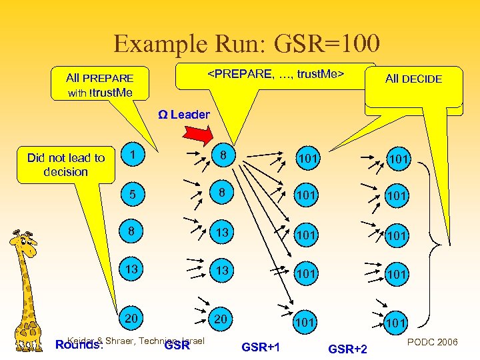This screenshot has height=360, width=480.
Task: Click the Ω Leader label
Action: pos(183,115)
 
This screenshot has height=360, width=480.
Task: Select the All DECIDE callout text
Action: pos(413,79)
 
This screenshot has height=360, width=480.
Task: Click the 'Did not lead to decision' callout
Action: pos(66,165)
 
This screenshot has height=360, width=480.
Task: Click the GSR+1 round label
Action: pos(261,347)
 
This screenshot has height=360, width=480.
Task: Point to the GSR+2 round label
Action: pos(348,349)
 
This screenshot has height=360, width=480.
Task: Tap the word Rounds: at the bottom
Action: pos(79,345)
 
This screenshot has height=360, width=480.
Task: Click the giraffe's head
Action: pos(24,244)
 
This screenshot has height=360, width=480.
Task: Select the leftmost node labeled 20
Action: pos(132,319)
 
